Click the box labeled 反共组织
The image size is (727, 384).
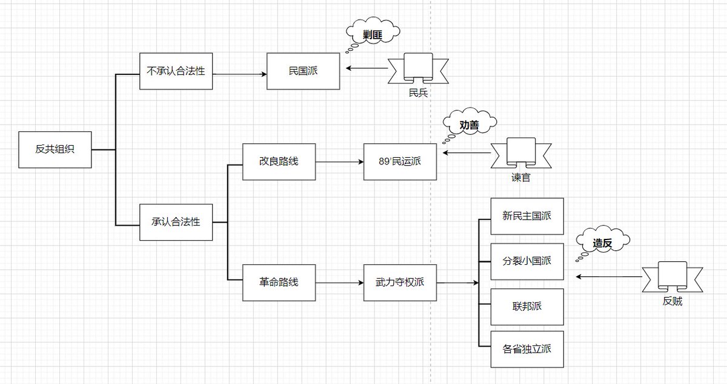55,149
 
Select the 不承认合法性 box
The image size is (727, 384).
176,71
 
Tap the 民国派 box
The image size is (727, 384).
303,71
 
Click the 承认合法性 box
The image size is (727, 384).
176,222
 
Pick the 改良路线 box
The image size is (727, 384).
279,161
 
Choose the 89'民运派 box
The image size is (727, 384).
400,161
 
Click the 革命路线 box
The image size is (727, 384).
279,282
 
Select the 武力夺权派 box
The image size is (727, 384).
400,282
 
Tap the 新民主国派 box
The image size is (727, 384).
527,216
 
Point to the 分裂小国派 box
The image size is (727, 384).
527,261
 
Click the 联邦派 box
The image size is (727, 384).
527,307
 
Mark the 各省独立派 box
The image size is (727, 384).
527,349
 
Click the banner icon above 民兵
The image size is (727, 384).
419,68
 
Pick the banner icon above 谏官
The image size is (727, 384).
521,153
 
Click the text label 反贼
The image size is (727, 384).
672,301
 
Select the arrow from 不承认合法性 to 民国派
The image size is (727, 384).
239,74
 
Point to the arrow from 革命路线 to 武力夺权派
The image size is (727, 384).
339,282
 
